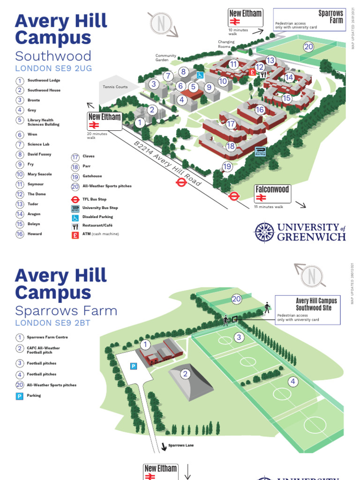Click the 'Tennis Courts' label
click(115, 87)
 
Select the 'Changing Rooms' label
click(226, 44)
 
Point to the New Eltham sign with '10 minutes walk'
click(245, 18)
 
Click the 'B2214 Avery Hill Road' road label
click(167, 163)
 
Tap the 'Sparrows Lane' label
click(180, 445)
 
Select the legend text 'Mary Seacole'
click(40, 174)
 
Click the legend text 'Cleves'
click(89, 157)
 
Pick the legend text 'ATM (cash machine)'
click(100, 234)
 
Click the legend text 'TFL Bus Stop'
click(94, 199)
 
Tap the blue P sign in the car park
click(133, 366)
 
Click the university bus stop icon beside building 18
click(260, 151)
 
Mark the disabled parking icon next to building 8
click(200, 75)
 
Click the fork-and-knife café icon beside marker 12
click(263, 74)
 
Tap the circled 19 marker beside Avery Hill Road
click(227, 166)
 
